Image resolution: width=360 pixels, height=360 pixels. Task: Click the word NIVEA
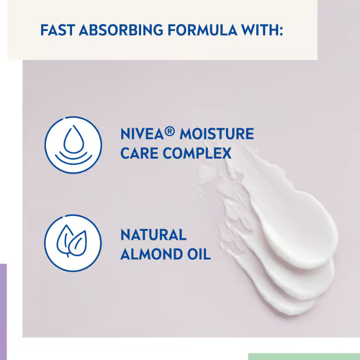pos(142,134)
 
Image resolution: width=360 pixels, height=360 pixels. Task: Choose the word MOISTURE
pos(216,134)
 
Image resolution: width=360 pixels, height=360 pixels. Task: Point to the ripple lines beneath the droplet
pos(73,158)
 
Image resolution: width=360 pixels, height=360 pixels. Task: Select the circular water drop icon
pos(73,145)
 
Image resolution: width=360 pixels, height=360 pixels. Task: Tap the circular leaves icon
pos(73,243)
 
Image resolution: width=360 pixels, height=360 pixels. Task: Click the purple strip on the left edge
pos(3,310)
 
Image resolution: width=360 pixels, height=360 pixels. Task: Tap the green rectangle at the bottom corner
pos(303,356)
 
